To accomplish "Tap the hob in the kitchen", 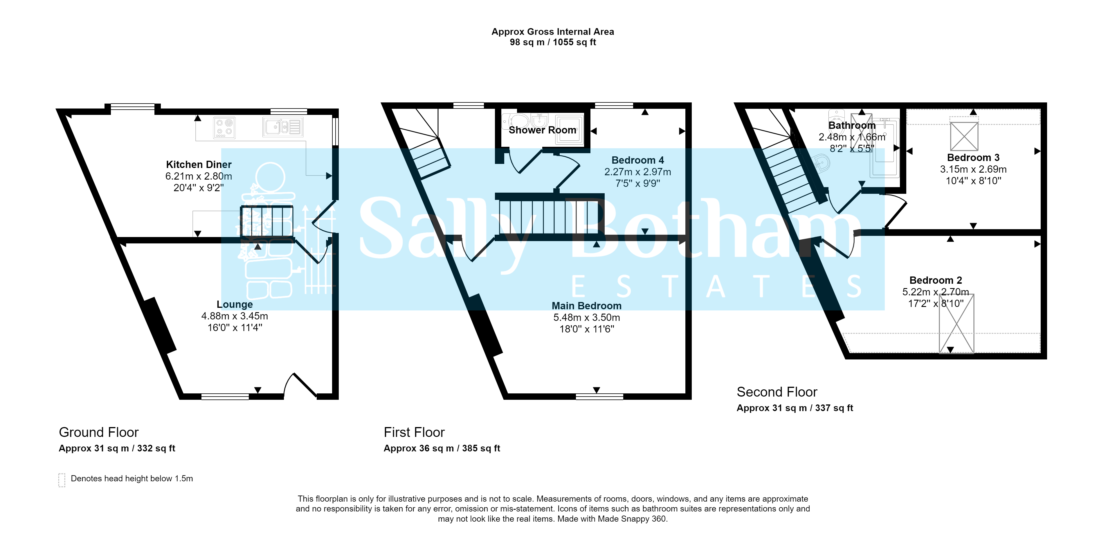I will click(x=224, y=127).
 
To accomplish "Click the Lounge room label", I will click(x=235, y=304).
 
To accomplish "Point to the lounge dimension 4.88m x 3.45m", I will click(x=235, y=316).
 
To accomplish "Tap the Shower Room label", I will click(x=542, y=130).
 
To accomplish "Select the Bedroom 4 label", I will click(x=637, y=160).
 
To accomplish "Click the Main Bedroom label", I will click(x=586, y=305).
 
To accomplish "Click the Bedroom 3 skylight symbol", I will click(x=964, y=137).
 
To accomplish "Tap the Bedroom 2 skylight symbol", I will click(x=956, y=324).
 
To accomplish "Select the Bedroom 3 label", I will click(x=973, y=158).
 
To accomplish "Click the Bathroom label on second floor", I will click(x=852, y=125).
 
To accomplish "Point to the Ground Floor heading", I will click(x=99, y=432).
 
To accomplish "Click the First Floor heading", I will click(x=414, y=432).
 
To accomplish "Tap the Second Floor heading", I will click(x=777, y=392).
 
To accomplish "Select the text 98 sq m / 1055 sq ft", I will click(x=553, y=42).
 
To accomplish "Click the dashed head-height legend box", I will click(x=62, y=480).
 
